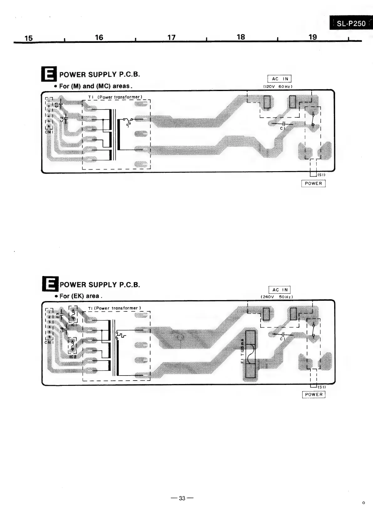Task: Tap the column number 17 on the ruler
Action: point(171,38)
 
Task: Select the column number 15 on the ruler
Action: point(28,38)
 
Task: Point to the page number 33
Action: point(182,498)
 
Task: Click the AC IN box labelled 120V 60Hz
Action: point(279,79)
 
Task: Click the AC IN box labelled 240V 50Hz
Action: point(280,290)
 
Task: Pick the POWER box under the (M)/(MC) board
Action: point(313,183)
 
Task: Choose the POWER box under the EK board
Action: point(313,394)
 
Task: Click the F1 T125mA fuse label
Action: point(242,350)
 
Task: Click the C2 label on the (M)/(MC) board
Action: point(62,119)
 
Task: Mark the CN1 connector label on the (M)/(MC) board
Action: point(48,132)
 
